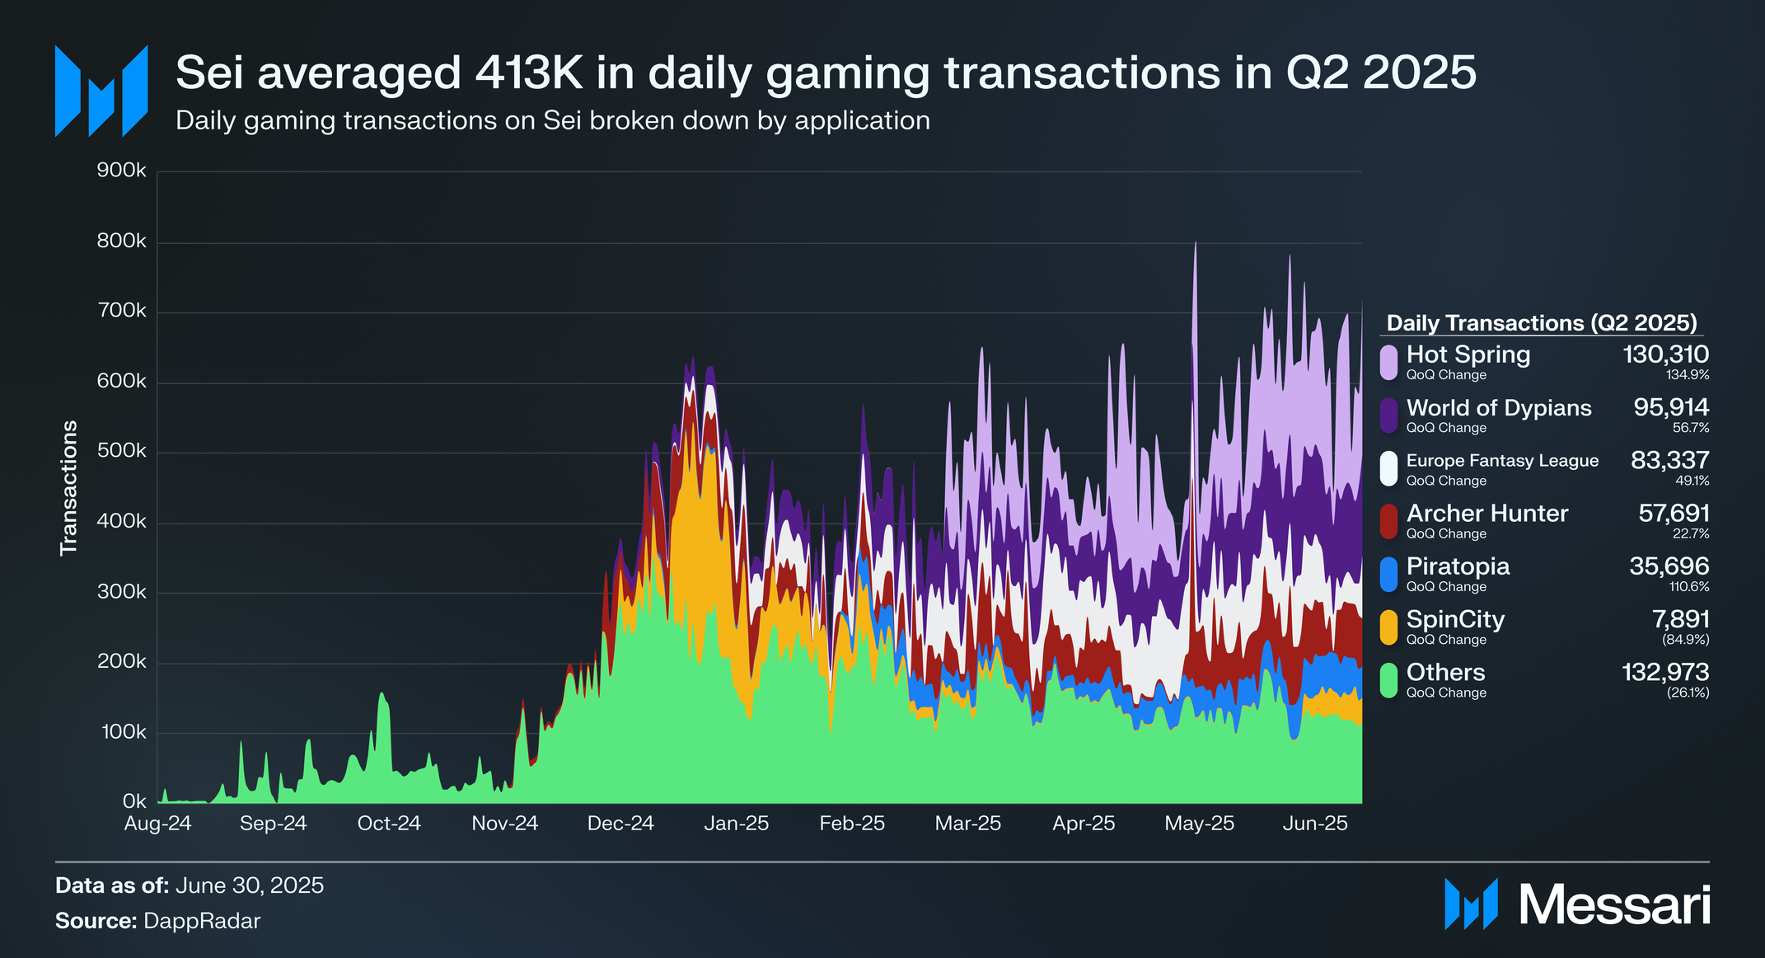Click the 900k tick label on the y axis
[x=122, y=171]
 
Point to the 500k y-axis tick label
[x=122, y=452]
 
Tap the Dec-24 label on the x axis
[x=620, y=824]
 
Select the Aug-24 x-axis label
[x=157, y=824]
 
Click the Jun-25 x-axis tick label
[x=1315, y=824]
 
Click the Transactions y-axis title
[x=68, y=487]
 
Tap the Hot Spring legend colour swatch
[x=1389, y=362]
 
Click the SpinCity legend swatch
[x=1389, y=627]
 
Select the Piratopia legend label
[x=1458, y=566]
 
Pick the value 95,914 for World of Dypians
[x=1671, y=407]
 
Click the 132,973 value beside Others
[x=1665, y=673]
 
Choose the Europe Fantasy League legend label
[x=1502, y=461]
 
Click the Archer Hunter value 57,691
[x=1674, y=514]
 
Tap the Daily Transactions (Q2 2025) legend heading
[x=1542, y=322]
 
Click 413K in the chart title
[x=529, y=73]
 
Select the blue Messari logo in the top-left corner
[x=101, y=91]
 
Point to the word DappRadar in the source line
[x=202, y=921]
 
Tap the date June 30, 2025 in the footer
[x=250, y=885]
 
